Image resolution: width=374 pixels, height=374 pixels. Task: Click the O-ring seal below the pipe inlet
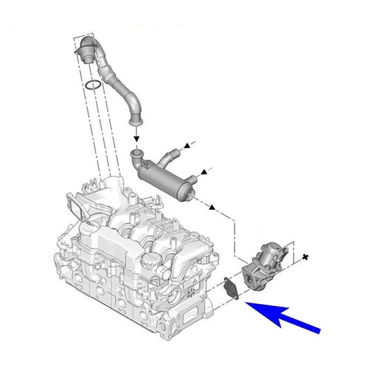tap(91, 86)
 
